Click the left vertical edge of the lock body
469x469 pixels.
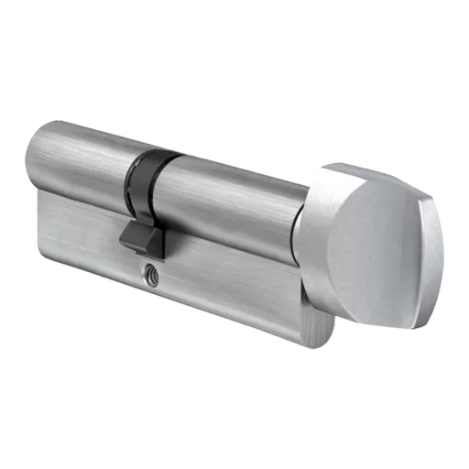[37, 220]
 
